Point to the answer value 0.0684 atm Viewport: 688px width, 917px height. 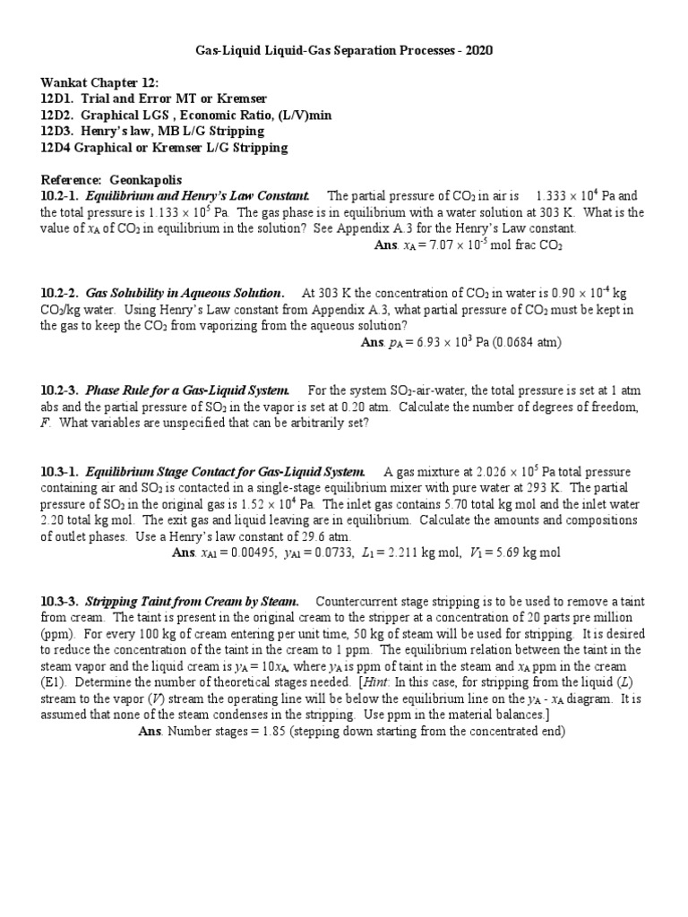point(529,342)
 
